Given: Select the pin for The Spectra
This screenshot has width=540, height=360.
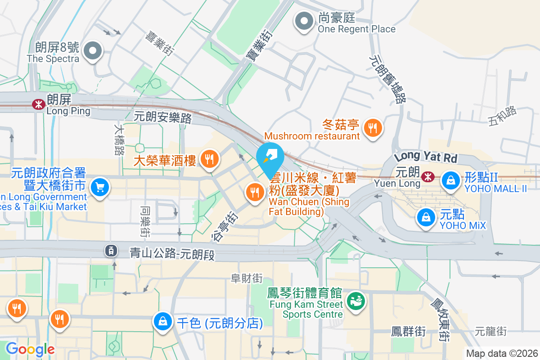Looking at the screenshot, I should point(93,51).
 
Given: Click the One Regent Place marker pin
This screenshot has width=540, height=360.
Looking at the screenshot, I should point(304,21).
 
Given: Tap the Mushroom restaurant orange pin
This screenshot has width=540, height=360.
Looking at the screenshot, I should point(372,129).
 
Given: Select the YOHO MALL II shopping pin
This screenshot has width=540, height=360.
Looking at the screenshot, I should point(450,180).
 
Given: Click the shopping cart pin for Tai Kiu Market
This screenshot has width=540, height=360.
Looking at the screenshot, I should point(99,187).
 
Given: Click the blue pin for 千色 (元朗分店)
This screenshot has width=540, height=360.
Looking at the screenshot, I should point(162,321).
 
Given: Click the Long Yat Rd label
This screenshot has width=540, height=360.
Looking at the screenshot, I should point(426,157).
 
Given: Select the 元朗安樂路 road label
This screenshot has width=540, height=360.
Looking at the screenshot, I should point(163,117).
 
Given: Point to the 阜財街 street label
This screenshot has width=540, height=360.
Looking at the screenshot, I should point(247,279).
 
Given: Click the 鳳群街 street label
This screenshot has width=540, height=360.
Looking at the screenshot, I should point(408,332).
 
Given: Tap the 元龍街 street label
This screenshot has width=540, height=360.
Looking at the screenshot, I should point(490,332).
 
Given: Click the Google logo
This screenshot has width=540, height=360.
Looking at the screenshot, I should point(30,349).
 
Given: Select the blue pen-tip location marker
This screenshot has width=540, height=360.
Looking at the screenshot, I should point(270,156).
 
